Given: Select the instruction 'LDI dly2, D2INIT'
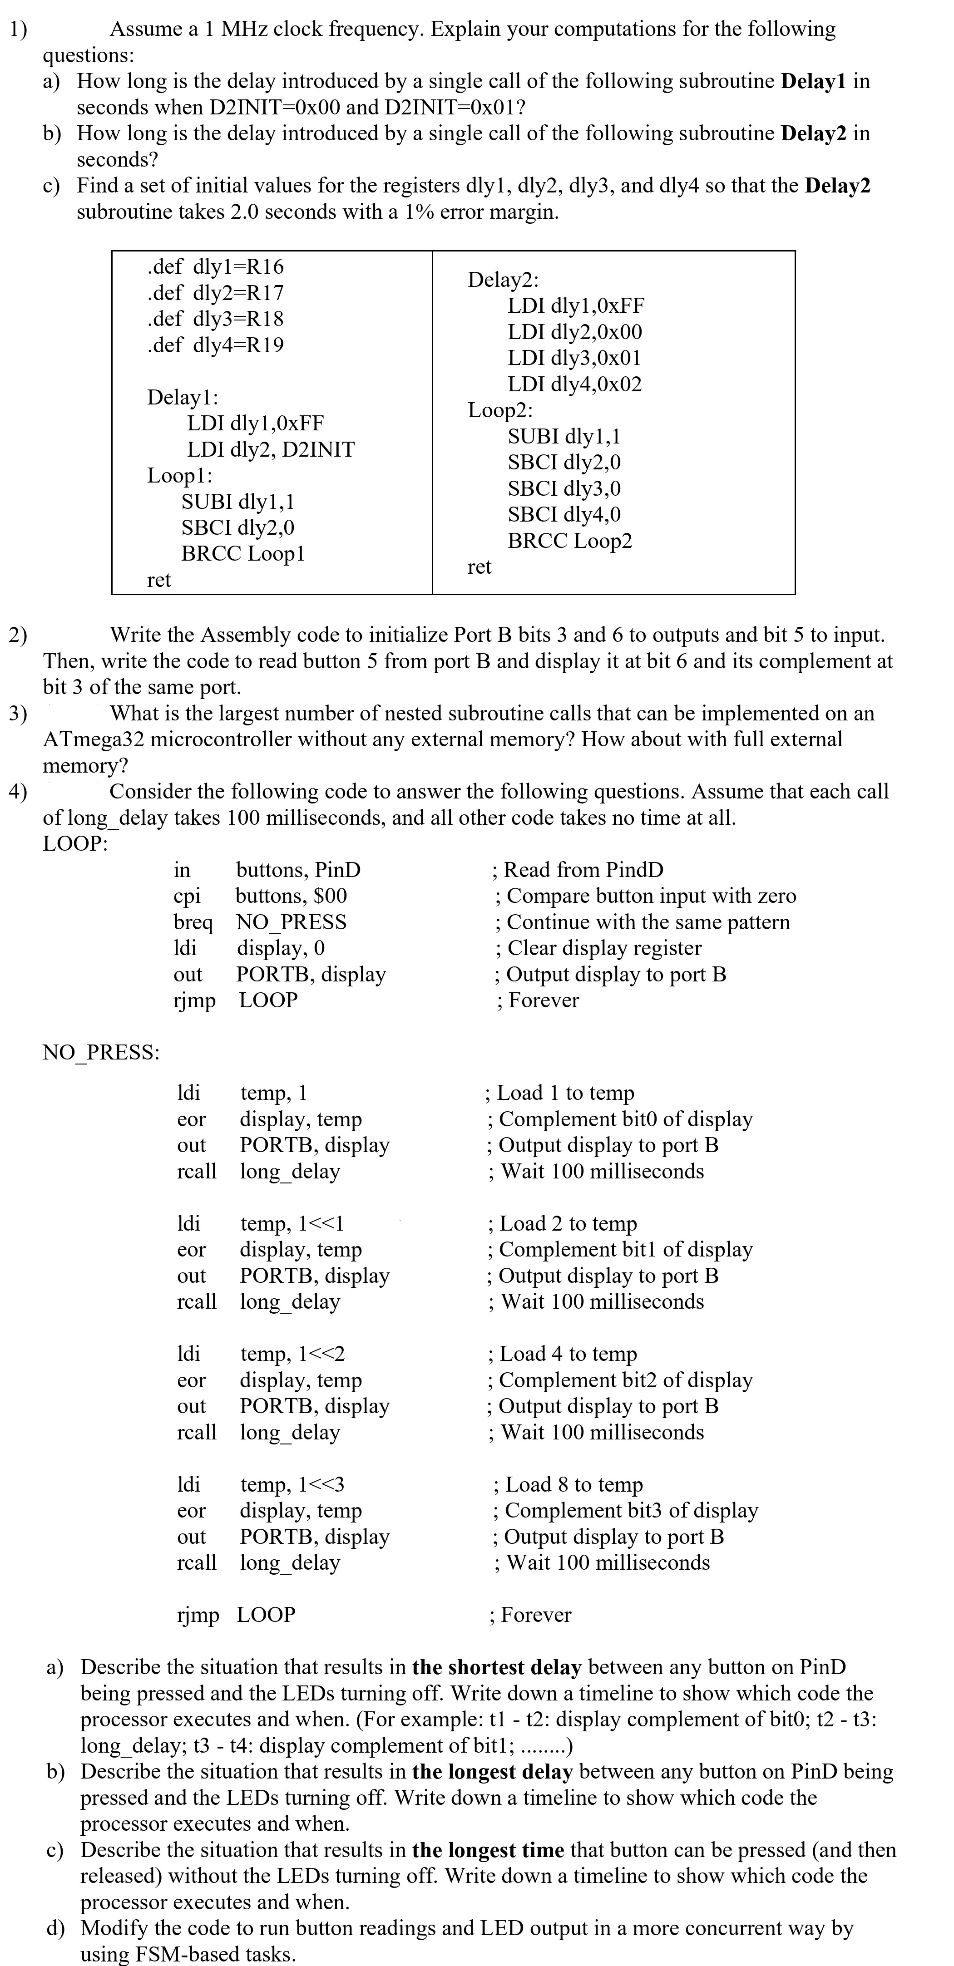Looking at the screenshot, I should tap(271, 449).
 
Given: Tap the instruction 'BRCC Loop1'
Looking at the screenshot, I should tap(242, 553).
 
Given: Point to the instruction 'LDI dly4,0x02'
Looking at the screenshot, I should tap(575, 384).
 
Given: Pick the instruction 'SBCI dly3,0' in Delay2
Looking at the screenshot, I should tap(564, 488).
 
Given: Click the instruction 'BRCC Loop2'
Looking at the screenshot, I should tap(569, 541).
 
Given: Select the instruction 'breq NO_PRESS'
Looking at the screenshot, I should tap(259, 922).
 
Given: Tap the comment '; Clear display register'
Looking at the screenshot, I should tap(598, 948).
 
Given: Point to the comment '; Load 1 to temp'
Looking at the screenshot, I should tap(559, 1093).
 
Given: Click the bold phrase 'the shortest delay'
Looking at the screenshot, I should tap(496, 1667).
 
